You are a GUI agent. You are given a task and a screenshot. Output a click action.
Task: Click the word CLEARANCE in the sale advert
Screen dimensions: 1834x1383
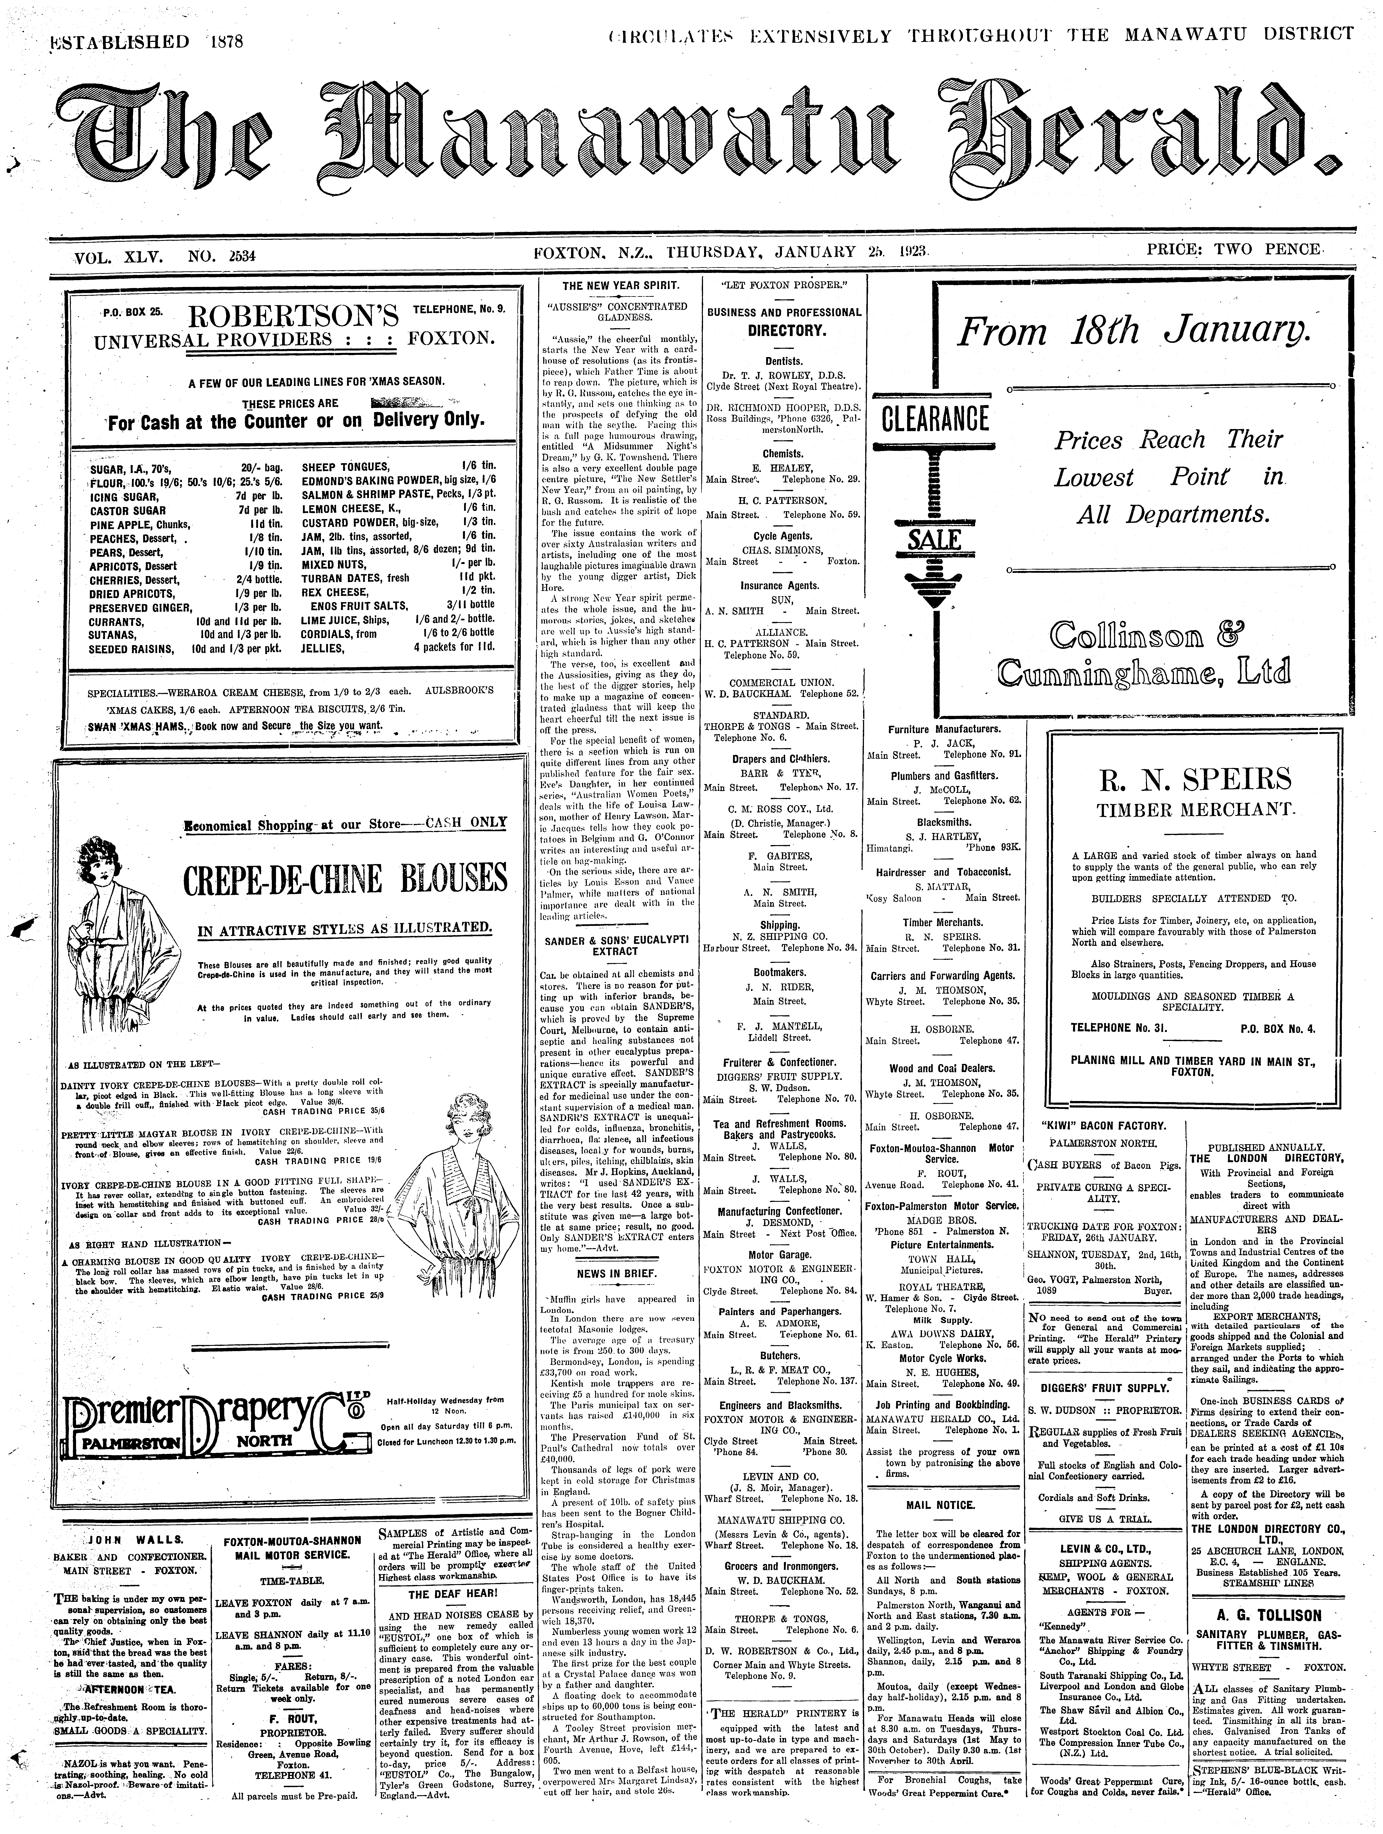pyautogui.click(x=935, y=419)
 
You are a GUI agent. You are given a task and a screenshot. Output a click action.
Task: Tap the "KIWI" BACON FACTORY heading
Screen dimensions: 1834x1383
pyautogui.click(x=1103, y=1126)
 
